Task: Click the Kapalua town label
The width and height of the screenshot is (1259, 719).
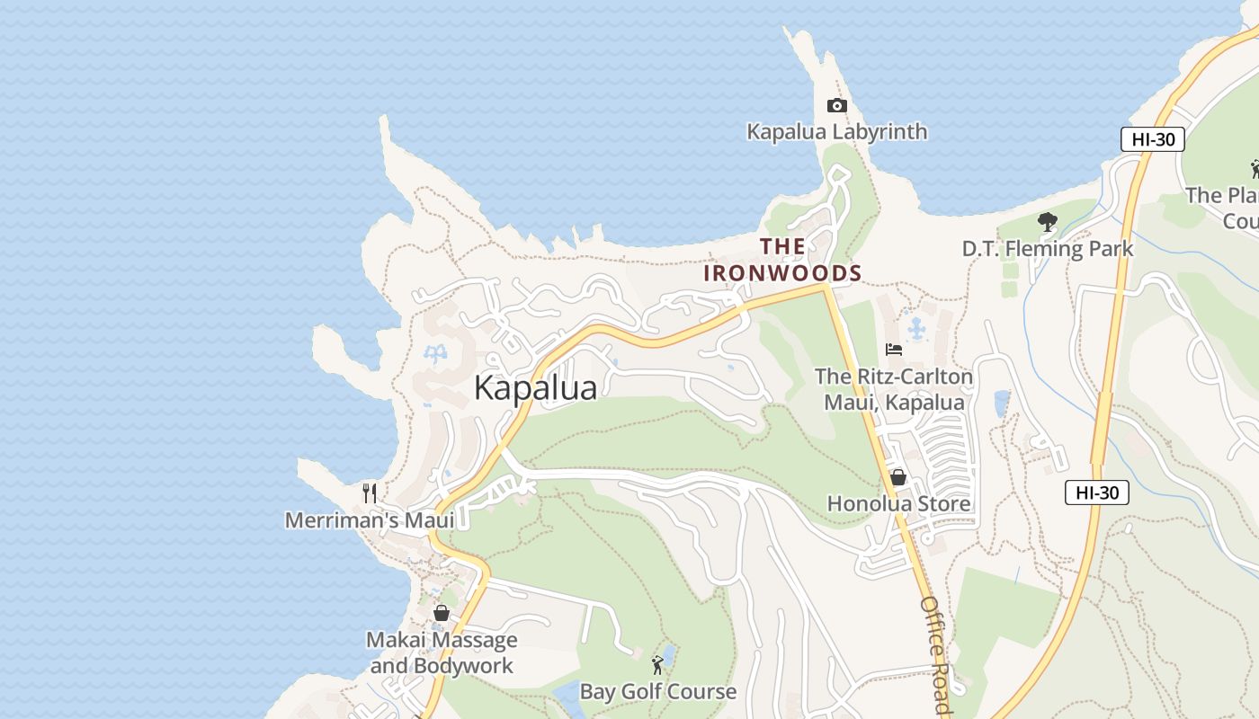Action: pos(535,387)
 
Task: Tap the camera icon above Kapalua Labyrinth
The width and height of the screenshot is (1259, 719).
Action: pos(836,106)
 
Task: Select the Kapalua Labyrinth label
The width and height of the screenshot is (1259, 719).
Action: pos(836,132)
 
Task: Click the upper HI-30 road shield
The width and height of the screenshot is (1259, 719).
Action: pos(1152,139)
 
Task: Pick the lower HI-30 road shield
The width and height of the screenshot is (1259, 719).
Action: pos(1096,493)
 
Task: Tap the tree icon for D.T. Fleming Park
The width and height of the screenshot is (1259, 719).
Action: pos(1047,222)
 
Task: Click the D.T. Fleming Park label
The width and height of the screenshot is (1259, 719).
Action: pos(1048,248)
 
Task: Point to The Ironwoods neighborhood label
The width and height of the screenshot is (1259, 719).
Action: pos(782,260)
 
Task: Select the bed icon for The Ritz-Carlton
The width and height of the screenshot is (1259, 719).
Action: pos(894,350)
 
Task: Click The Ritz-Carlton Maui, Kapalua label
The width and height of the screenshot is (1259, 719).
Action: pos(894,389)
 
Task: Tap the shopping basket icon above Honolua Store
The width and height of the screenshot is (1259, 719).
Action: pos(897,477)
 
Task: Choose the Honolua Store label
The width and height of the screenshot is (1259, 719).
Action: pos(898,503)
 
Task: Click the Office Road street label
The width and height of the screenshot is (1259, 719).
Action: pos(935,654)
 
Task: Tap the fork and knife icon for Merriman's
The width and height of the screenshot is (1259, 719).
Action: pos(369,493)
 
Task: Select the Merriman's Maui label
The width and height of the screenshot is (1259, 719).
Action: pos(369,520)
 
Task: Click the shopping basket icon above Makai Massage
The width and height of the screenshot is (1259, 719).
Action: pos(442,613)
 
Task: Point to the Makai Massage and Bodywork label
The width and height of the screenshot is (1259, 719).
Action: pos(442,652)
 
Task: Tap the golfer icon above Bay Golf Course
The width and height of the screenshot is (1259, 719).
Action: pos(657,665)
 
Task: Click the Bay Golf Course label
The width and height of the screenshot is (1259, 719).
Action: pos(657,691)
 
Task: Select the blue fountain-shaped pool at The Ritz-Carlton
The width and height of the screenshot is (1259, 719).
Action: pos(915,329)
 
